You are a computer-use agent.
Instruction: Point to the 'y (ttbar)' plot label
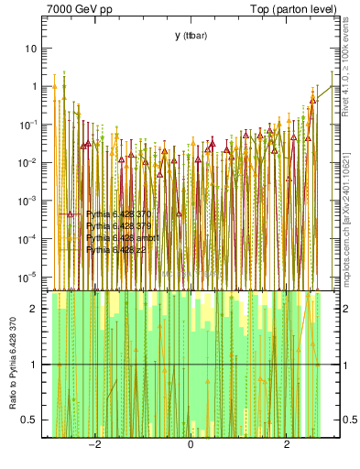pyautogui.click(x=191, y=36)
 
